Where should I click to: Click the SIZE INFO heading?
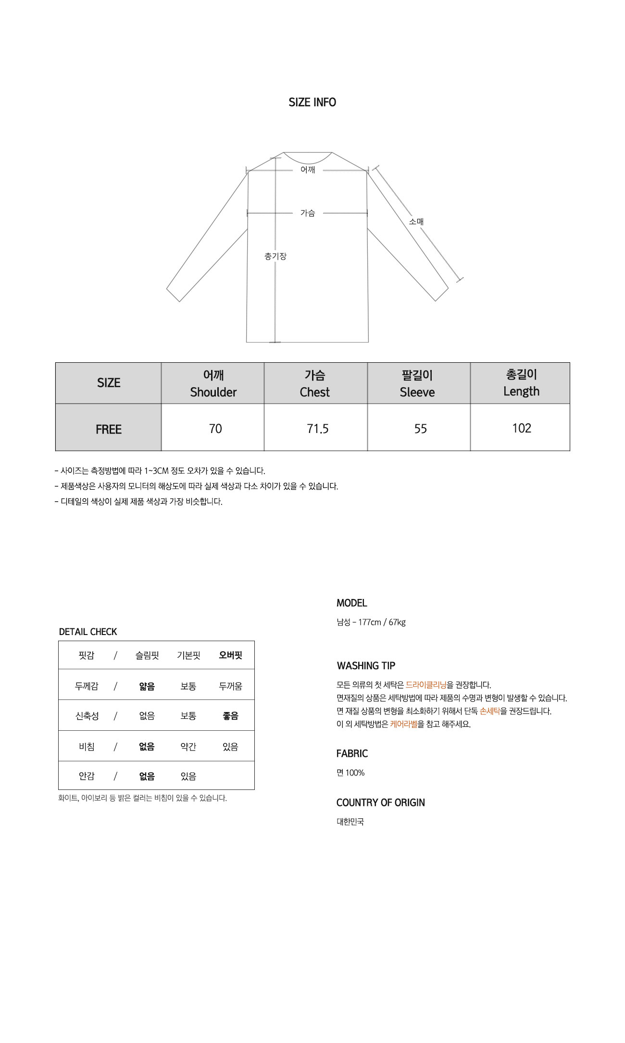(312, 102)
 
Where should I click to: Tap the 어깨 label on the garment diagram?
(308, 170)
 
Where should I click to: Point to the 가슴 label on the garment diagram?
(308, 213)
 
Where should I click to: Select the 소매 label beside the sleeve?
(416, 222)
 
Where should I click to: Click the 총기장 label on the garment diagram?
(275, 256)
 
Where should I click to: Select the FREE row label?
(109, 429)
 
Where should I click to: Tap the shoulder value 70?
(215, 429)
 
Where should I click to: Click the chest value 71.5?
(318, 429)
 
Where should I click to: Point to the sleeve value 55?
(421, 429)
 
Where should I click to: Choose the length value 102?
(522, 428)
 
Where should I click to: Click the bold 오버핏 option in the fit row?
(230, 655)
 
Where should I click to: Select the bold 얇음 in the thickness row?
(147, 687)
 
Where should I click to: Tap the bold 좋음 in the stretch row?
(230, 716)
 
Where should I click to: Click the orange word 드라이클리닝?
(426, 685)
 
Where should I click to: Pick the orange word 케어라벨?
(404, 724)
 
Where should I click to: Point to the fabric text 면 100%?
(350, 773)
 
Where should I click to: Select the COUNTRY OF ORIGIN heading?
(381, 802)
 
